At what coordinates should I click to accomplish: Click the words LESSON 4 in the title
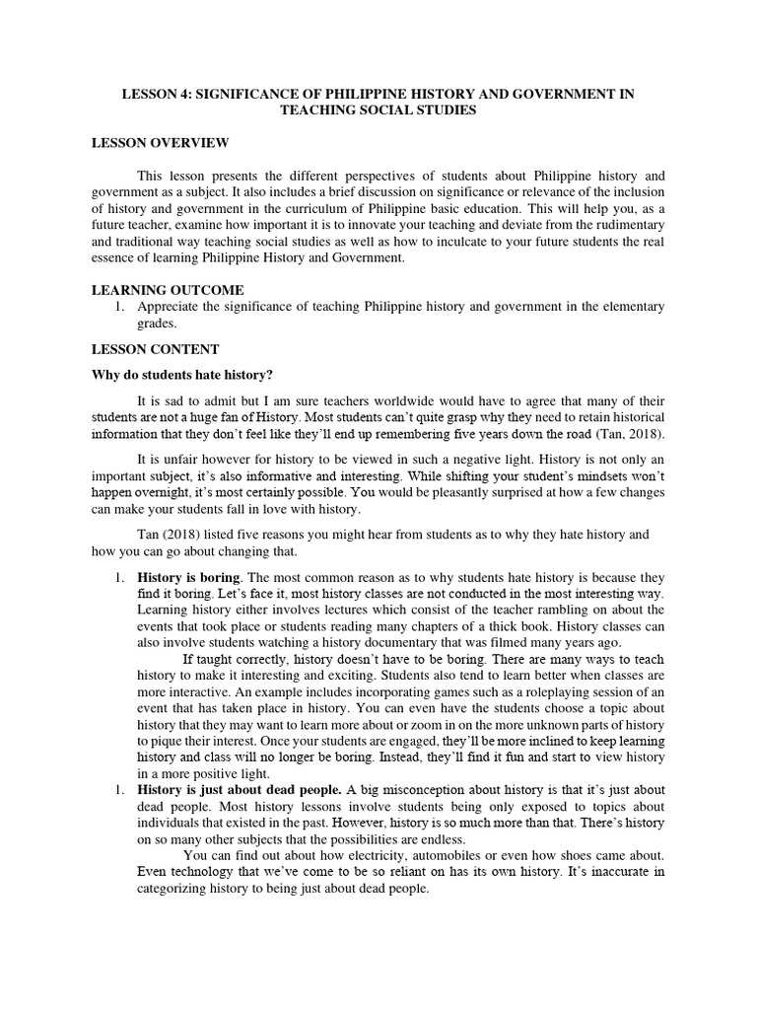click(155, 94)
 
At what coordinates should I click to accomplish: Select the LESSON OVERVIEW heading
click(160, 143)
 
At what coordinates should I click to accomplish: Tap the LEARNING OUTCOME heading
click(167, 290)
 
